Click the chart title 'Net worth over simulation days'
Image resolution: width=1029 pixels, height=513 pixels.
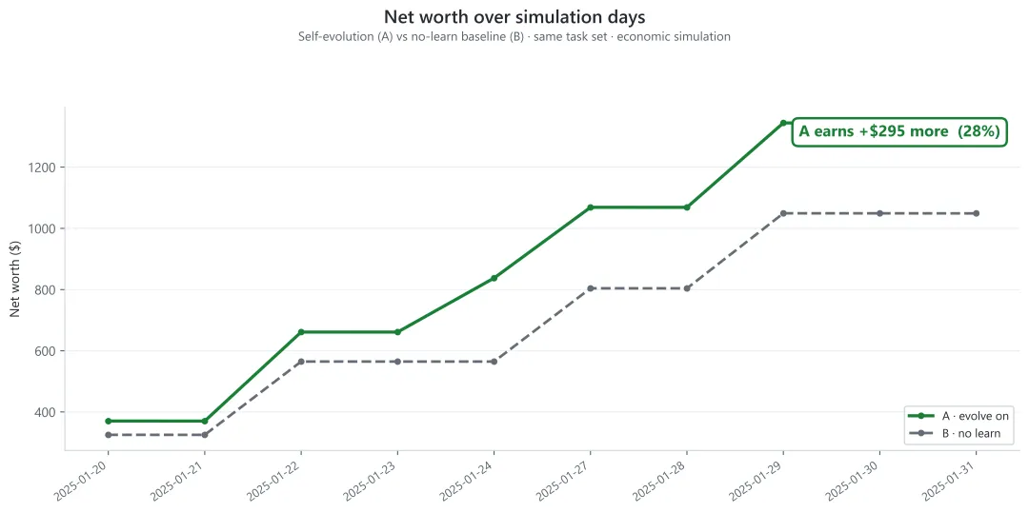pyautogui.click(x=514, y=17)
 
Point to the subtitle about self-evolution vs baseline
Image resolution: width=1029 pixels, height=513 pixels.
pyautogui.click(x=514, y=37)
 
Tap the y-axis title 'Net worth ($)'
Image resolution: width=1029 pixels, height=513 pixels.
pyautogui.click(x=16, y=278)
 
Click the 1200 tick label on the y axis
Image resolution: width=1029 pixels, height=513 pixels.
pyautogui.click(x=43, y=168)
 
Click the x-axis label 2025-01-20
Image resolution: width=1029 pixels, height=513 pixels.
pyautogui.click(x=83, y=479)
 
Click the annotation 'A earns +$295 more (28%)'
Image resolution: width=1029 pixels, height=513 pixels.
pyautogui.click(x=898, y=131)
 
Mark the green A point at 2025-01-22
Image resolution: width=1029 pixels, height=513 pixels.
pyautogui.click(x=301, y=332)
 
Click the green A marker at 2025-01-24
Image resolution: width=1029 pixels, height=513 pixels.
pyautogui.click(x=494, y=278)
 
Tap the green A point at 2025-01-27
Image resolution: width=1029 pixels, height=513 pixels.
pyautogui.click(x=591, y=207)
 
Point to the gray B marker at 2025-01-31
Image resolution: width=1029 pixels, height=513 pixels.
pyautogui.click(x=977, y=213)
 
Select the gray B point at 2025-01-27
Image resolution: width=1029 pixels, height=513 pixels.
pyautogui.click(x=591, y=288)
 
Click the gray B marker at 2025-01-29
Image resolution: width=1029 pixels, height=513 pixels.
pyautogui.click(x=783, y=213)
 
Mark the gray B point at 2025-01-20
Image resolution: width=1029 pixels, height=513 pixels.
pyautogui.click(x=108, y=435)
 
